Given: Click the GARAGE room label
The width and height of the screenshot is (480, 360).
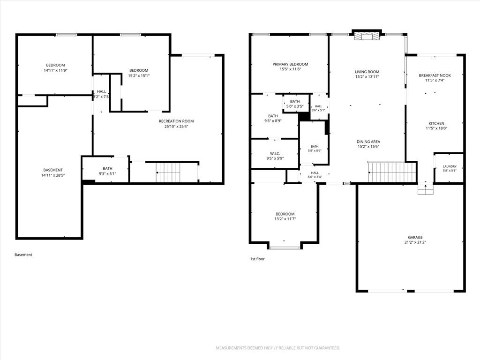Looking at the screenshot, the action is tap(415, 237).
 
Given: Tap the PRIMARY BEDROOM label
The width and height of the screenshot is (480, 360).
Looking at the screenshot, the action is tap(290, 64).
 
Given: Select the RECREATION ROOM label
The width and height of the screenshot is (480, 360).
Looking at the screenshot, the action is tap(176, 121).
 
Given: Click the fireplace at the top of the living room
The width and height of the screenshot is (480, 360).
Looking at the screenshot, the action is tap(367, 36).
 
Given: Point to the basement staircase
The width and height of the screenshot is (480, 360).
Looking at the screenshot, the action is tap(168, 172).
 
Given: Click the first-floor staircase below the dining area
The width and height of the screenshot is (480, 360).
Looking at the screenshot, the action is tap(392, 172).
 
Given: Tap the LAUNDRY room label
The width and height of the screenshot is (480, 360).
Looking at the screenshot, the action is tap(450, 166).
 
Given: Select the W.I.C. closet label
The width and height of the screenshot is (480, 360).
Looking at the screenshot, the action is tap(275, 154).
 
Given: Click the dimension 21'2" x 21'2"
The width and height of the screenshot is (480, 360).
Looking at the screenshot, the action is tap(415, 242).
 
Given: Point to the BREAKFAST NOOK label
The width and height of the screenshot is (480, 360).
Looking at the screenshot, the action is tap(435, 75).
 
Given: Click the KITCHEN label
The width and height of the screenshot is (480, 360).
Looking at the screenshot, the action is tap(436, 123).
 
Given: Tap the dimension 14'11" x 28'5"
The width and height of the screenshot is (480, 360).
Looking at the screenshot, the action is tap(53, 175).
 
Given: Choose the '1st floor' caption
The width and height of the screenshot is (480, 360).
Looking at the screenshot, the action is tap(257, 259).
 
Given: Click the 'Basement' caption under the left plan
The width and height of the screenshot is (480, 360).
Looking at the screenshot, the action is tap(23, 255).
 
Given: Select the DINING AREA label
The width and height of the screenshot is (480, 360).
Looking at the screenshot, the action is tap(368, 142).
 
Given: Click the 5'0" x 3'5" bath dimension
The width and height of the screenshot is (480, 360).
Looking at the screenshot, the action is tap(295, 106).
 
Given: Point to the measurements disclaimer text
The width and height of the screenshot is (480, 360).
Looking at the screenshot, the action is tap(278, 348).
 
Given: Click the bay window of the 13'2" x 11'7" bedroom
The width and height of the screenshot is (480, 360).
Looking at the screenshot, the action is tap(285, 247).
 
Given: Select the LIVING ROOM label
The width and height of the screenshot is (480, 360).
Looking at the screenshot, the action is tap(367, 72).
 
